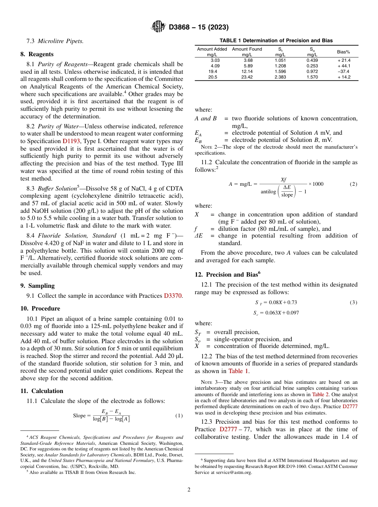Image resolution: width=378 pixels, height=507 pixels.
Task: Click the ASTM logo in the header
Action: pyautogui.click(x=158, y=27)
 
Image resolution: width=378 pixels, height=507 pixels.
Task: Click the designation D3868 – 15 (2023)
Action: pyautogui.click(x=199, y=28)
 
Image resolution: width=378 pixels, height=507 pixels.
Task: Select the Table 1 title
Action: pyautogui.click(x=276, y=41)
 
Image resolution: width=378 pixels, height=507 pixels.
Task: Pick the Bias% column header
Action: pyautogui.click(x=343, y=52)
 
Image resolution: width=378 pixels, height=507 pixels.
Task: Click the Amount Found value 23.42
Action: pyautogui.click(x=247, y=77)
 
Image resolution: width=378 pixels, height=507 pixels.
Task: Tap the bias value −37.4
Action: pyautogui.click(x=343, y=72)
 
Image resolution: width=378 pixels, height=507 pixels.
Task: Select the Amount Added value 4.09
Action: pyautogui.click(x=215, y=66)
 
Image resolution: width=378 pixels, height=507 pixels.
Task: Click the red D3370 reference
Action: pyautogui.click(x=173, y=296)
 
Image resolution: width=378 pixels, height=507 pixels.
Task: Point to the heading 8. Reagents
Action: pyautogui.click(x=37, y=54)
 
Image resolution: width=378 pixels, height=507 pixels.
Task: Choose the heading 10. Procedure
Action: pyautogui.click(x=40, y=309)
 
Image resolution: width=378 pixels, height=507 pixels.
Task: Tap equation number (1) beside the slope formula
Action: pyautogui.click(x=179, y=416)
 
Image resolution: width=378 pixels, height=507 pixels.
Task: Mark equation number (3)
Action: pyautogui.click(x=353, y=303)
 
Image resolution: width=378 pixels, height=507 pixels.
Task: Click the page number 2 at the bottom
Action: pyautogui.click(x=189, y=490)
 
